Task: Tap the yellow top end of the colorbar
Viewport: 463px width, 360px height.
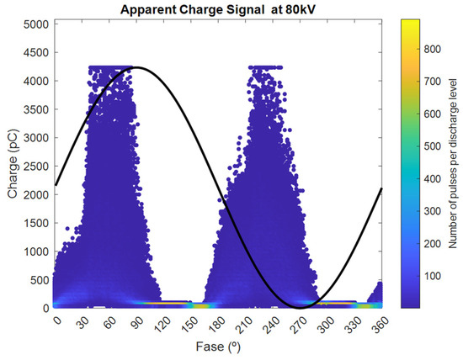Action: click(408, 22)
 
